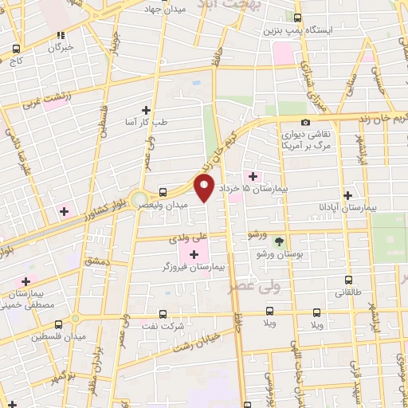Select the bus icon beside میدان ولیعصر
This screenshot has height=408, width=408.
click(163, 192)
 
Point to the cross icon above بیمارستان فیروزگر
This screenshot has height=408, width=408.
click(194, 254)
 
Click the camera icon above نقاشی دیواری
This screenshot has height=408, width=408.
click(306, 121)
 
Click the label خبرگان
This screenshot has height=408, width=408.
click(61, 46)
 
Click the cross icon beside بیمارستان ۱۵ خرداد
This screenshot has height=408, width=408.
click(253, 176)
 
